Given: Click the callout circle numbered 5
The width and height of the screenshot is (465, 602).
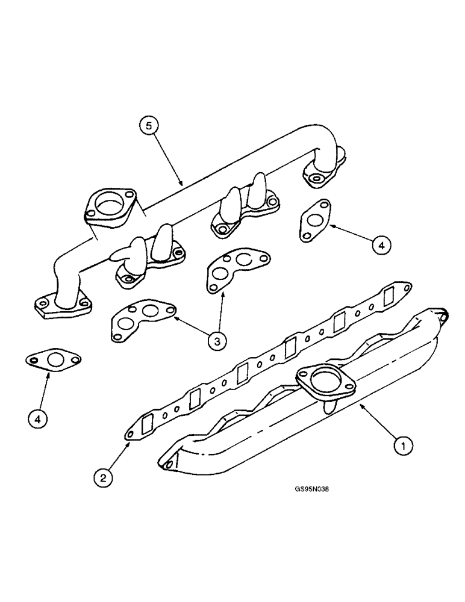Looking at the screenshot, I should [x=150, y=126].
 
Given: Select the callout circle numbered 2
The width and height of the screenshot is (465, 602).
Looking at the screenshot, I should [x=104, y=478].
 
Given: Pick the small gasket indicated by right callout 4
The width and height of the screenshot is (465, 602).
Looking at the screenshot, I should [x=314, y=220].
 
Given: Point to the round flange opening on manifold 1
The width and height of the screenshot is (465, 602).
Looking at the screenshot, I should [x=326, y=381].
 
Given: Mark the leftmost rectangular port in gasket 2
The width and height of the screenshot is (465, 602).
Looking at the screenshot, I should [x=146, y=424].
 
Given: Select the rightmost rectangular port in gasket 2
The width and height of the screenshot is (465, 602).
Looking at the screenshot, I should [x=389, y=296].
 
